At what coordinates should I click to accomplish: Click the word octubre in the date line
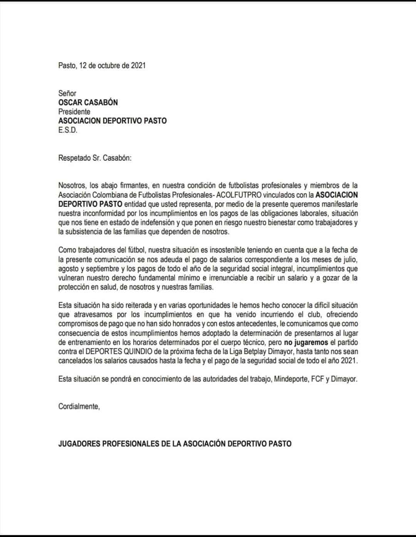coord(109,65)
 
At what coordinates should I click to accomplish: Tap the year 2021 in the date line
coord(138,65)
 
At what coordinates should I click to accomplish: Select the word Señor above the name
coord(67,93)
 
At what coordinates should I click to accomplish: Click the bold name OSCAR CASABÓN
coord(88,102)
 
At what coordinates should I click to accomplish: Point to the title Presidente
coord(74,112)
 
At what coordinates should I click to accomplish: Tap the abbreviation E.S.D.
coord(68,130)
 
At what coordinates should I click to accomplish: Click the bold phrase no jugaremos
coord(306,343)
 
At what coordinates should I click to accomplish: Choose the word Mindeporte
coord(291,379)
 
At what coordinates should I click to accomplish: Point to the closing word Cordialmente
coord(79,407)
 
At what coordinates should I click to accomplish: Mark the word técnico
coord(253,343)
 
